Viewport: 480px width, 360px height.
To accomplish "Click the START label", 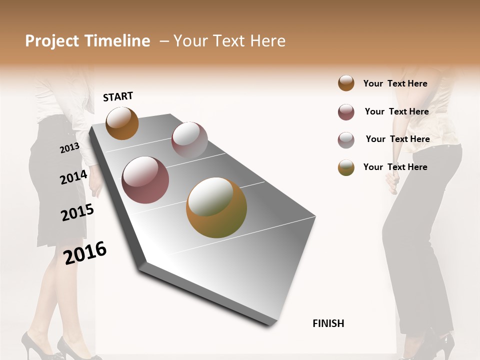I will [x=118, y=96].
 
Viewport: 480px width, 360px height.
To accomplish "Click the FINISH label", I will [x=328, y=323].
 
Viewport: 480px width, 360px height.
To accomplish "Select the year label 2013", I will [x=69, y=148].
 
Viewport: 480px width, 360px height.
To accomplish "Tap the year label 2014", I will [x=73, y=177].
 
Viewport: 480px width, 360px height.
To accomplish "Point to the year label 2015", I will [x=77, y=212].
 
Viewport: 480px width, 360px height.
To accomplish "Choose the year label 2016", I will [x=85, y=252].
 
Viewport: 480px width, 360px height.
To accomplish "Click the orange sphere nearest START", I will [x=122, y=123].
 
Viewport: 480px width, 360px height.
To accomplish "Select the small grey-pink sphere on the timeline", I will [x=189, y=140].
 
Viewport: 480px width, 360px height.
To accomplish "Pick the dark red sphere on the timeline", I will [x=145, y=180].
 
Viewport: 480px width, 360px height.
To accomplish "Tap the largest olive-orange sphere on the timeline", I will [x=216, y=207].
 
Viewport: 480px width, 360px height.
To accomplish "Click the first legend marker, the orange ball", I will [x=346, y=83].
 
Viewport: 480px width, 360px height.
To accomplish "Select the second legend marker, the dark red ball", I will [x=346, y=112].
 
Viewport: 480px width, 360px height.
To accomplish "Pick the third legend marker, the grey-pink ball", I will [x=346, y=140].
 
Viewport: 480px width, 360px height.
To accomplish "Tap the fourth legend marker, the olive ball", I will [x=346, y=167].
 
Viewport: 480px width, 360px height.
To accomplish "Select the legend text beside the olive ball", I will [x=395, y=167].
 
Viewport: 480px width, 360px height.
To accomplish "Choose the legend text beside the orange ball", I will [x=395, y=83].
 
